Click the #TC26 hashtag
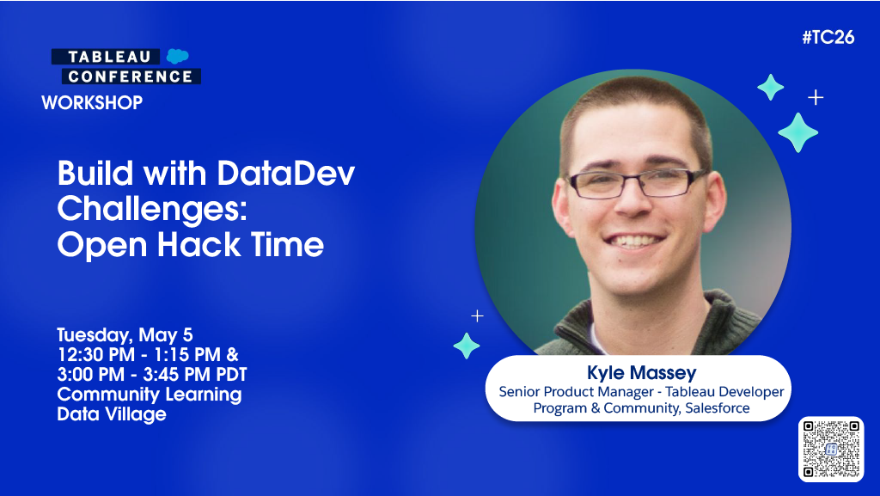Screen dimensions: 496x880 828,38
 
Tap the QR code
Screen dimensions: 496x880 830,449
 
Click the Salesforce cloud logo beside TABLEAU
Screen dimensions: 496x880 178,57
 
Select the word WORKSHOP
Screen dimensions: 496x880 92,103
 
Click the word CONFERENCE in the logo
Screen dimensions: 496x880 131,77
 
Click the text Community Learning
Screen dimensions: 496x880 150,395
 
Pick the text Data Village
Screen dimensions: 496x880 112,414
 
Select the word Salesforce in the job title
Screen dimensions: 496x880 717,408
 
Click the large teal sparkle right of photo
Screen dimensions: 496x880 797,132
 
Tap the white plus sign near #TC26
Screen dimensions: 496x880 816,97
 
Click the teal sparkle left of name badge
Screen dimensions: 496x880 467,345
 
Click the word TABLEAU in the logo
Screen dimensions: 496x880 110,57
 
